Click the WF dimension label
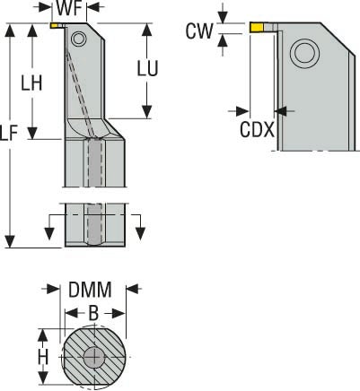[x=69, y=8]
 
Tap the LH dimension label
[x=31, y=83]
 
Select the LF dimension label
[x=9, y=133]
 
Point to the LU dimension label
[x=147, y=68]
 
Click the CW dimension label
[x=199, y=30]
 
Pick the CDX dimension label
[x=257, y=130]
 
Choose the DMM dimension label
[x=90, y=290]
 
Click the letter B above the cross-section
[x=93, y=313]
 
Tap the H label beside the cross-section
[x=43, y=357]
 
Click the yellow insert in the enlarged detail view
[x=257, y=28]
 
